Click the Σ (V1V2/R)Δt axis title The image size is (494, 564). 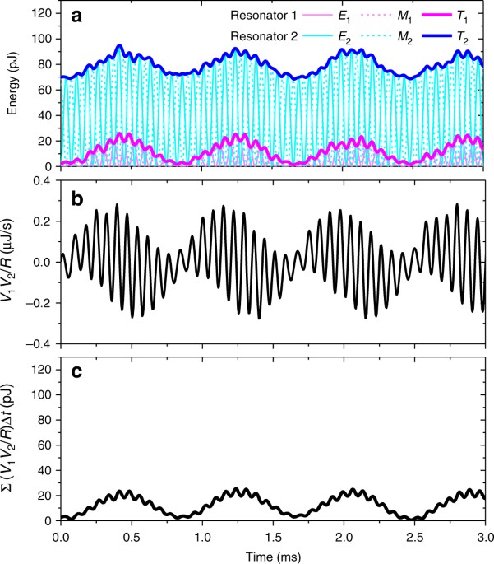(12, 443)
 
